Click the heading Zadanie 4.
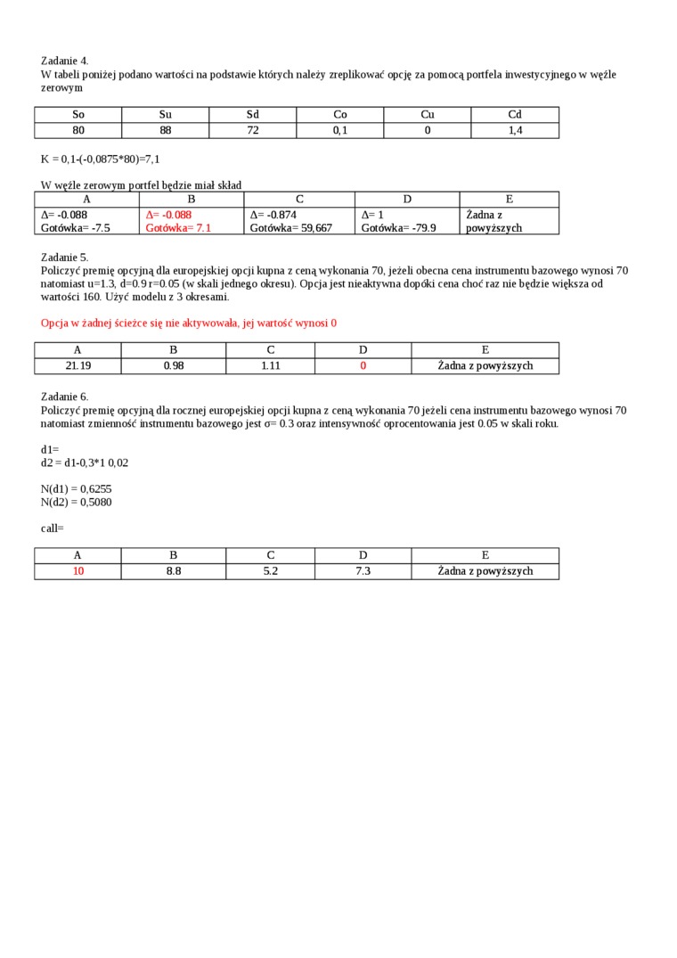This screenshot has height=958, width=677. (64, 61)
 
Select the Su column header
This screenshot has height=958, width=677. (165, 115)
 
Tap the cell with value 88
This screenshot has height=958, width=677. (165, 130)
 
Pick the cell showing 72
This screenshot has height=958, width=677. (252, 130)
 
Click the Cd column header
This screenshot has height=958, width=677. (514, 115)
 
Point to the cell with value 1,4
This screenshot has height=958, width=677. (514, 130)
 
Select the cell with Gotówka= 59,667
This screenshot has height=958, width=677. (290, 228)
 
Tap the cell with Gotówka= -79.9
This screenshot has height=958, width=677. (398, 228)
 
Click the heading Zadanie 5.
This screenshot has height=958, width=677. (64, 258)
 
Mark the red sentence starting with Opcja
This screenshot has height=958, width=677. (189, 323)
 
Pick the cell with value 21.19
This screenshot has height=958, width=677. (77, 365)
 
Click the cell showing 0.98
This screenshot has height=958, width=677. (173, 365)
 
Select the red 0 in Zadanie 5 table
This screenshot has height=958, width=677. (363, 365)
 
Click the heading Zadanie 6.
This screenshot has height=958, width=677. (64, 397)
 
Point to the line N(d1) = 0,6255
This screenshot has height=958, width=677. (76, 489)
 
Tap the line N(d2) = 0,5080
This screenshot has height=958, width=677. (76, 502)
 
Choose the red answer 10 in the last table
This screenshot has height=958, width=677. (77, 571)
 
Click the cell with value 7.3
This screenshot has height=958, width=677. (363, 571)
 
